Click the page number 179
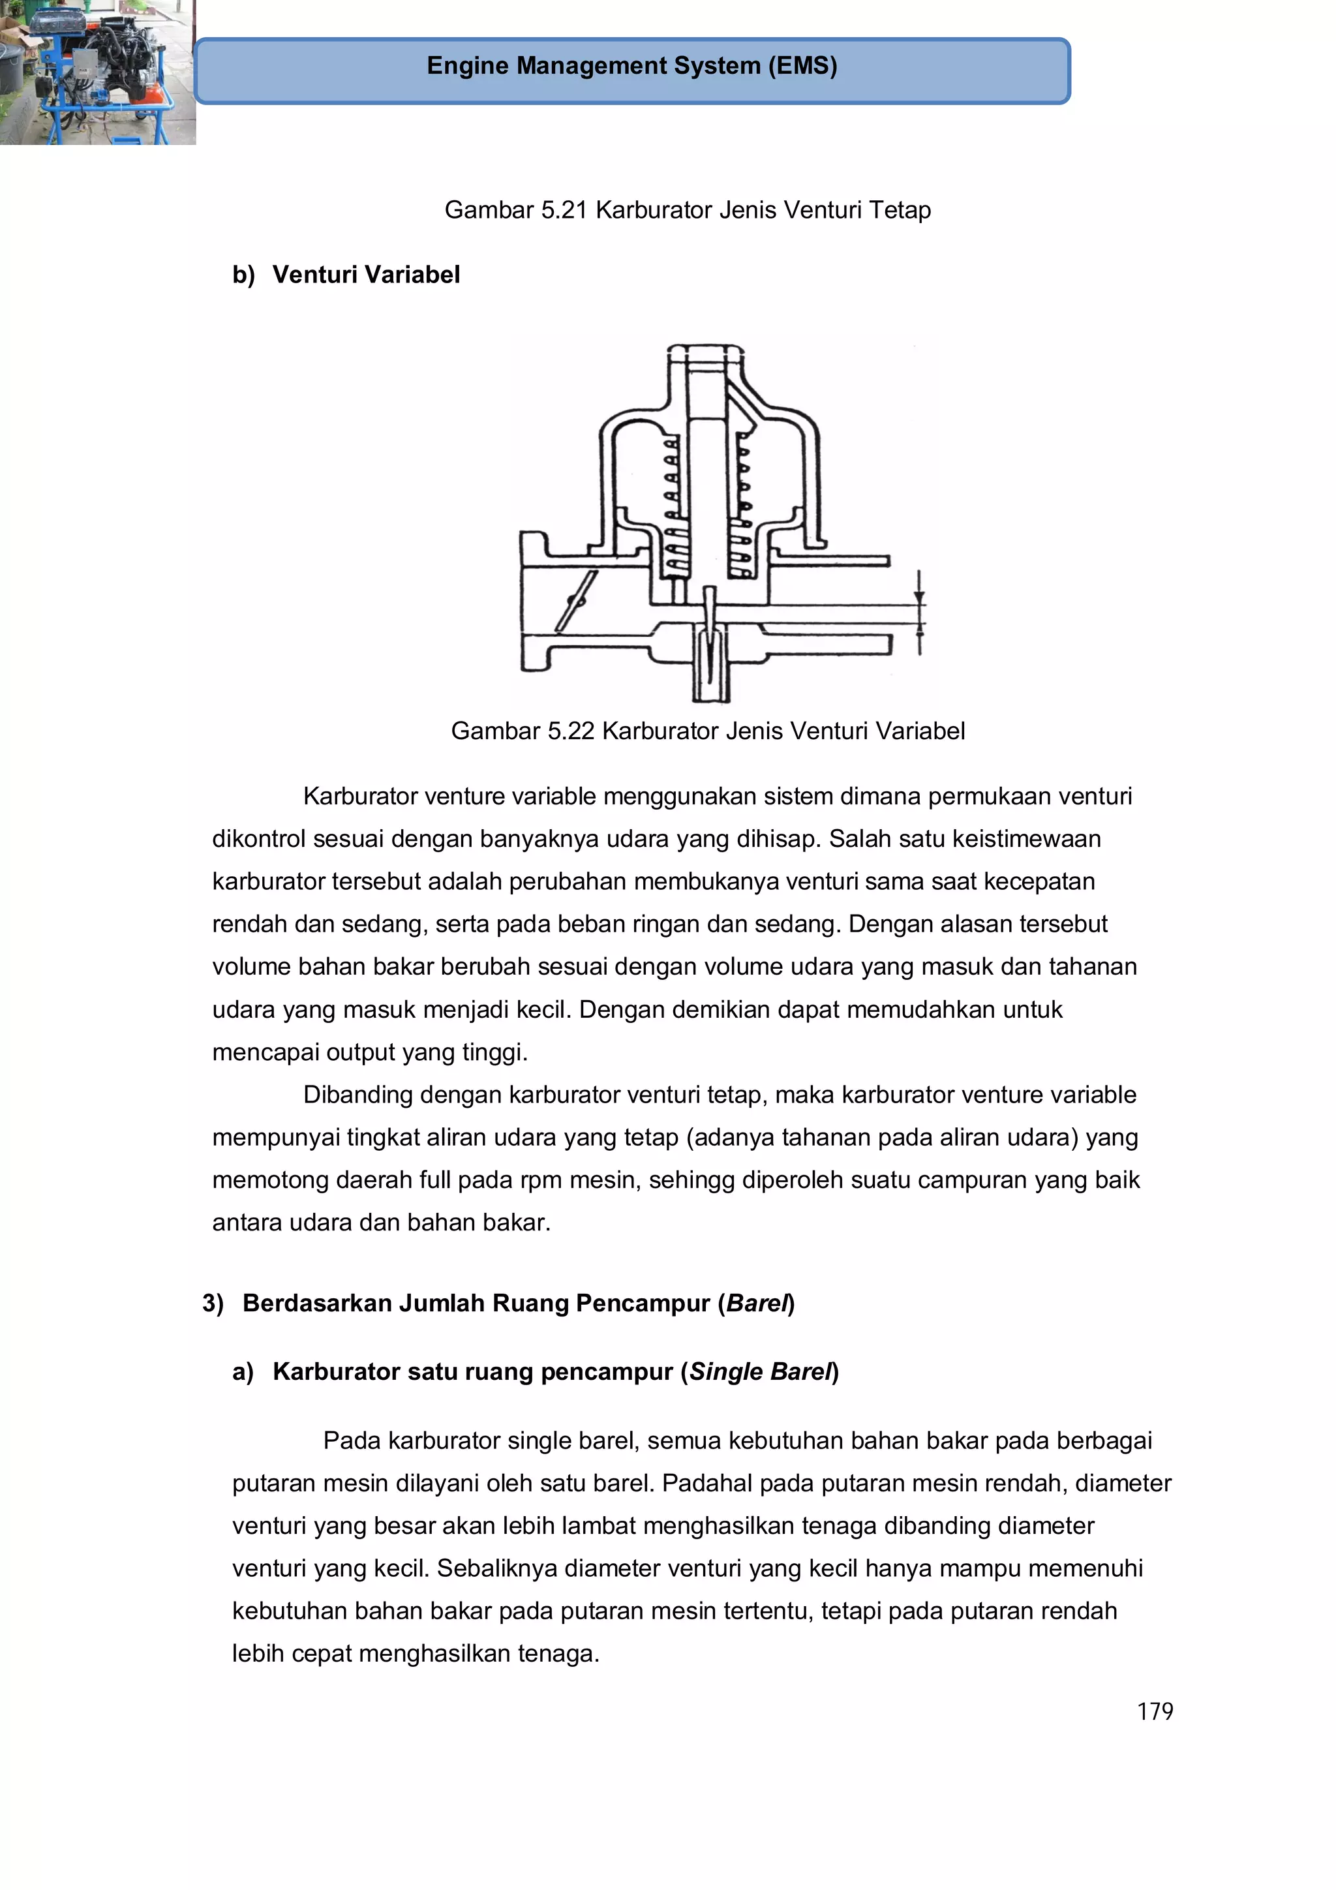click(1154, 1711)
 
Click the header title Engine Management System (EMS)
click(631, 66)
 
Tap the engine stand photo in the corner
click(97, 72)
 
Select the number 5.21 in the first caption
click(564, 210)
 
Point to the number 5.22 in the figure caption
click(570, 730)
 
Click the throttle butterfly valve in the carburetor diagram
click(575, 601)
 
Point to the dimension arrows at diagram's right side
click(919, 614)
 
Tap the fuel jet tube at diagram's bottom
click(710, 667)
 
